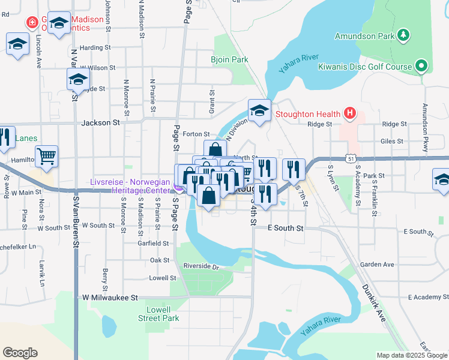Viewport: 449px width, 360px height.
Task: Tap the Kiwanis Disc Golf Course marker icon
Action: coord(422,66)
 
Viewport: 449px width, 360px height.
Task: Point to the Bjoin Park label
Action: coord(229,60)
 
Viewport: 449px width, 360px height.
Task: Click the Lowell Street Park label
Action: coord(163,314)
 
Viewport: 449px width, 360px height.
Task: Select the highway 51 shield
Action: coord(351,158)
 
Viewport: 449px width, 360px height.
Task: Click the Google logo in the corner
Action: coord(20,353)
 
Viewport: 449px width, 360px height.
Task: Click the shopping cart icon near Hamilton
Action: coord(46,157)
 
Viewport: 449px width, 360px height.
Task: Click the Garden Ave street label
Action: coord(377,264)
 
